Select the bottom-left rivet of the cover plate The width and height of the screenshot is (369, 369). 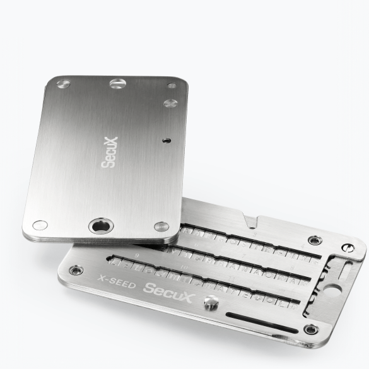40,224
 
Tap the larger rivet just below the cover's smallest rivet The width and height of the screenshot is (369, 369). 170,103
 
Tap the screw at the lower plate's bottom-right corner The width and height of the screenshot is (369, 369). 309,329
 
